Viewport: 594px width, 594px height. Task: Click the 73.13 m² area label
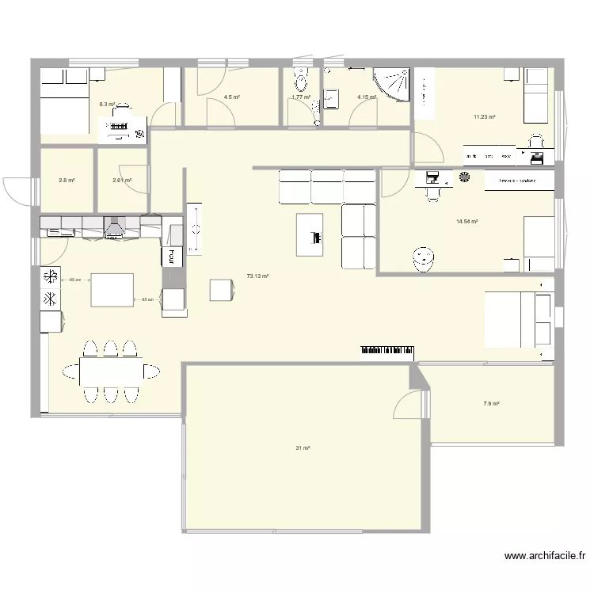coord(257,276)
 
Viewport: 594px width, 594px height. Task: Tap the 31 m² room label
coord(303,448)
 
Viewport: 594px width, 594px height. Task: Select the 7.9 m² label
coord(491,404)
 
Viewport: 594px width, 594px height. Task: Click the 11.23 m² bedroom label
coord(484,117)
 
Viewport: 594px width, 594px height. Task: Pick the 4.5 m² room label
coord(231,97)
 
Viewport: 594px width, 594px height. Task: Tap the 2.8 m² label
coord(67,181)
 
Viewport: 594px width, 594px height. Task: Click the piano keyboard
coord(388,349)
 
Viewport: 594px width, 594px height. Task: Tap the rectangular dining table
coord(111,370)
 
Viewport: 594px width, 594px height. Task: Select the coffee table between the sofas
coord(310,234)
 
